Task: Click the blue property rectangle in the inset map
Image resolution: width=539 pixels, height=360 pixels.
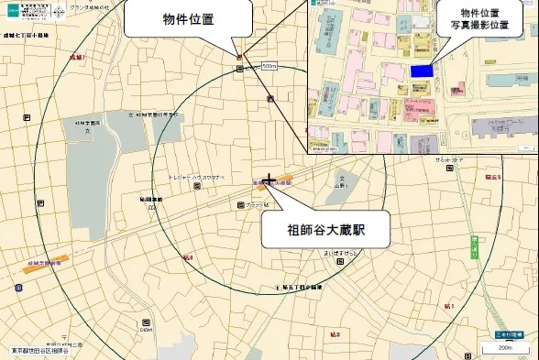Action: pyautogui.click(x=421, y=71)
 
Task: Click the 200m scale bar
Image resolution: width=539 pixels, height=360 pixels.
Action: pyautogui.click(x=504, y=348)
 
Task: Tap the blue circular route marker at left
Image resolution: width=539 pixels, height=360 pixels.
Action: pyautogui.click(x=19, y=288)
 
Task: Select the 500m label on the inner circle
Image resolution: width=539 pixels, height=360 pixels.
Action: pyautogui.click(x=269, y=66)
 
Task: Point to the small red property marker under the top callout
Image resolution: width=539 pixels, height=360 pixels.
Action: pyautogui.click(x=240, y=58)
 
